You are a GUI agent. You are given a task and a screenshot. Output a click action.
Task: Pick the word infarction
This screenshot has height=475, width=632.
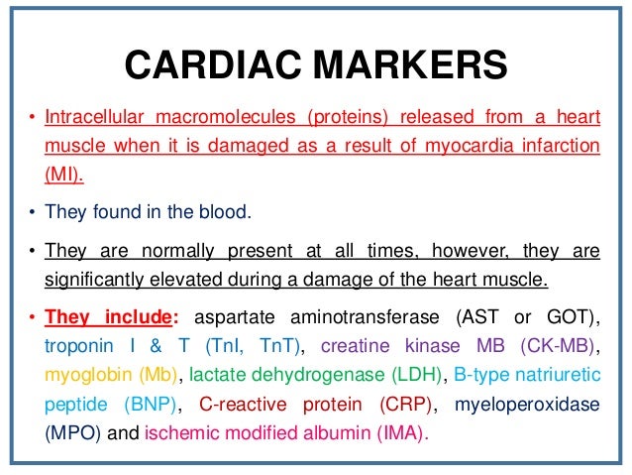point(561,147)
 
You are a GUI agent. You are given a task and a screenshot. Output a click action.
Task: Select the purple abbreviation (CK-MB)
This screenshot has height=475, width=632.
point(584,347)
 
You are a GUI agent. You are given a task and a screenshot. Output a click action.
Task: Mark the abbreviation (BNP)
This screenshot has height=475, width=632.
point(150,404)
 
